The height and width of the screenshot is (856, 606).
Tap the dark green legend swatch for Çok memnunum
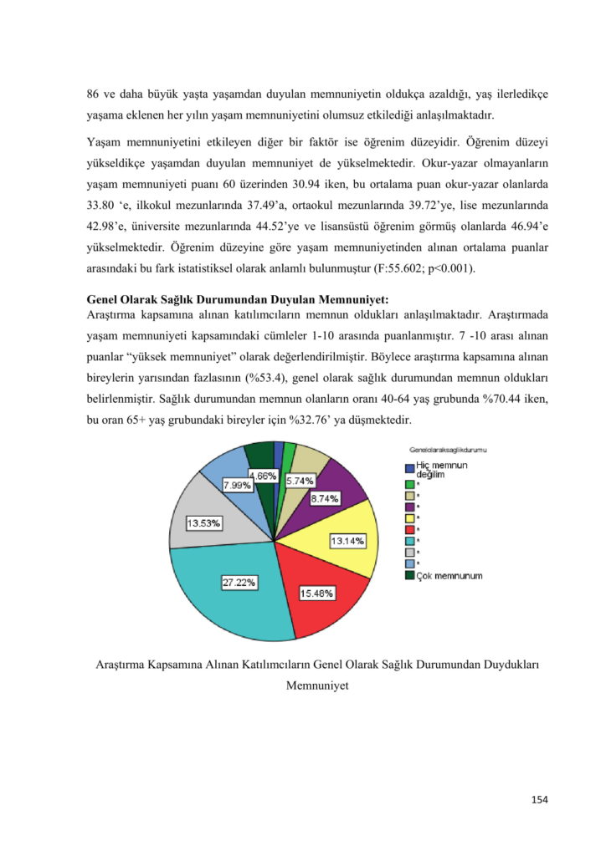[409, 575]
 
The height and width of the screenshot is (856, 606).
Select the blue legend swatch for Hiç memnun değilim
[409, 469]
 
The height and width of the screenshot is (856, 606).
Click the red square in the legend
[409, 529]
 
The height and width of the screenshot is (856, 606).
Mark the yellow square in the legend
[409, 517]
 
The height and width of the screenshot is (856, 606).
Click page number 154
[539, 800]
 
